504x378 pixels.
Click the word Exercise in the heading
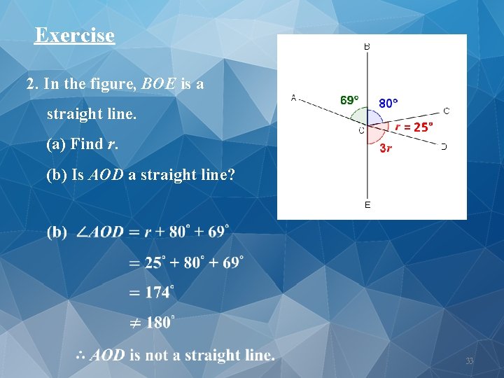pyautogui.click(x=74, y=35)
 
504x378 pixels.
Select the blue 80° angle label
pyautogui.click(x=388, y=103)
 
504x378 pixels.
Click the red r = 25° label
pyautogui.click(x=414, y=127)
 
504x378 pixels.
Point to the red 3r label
pyautogui.click(x=385, y=148)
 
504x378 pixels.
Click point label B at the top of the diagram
pyautogui.click(x=367, y=46)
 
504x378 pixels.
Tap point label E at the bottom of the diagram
pyautogui.click(x=367, y=205)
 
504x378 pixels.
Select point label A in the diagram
pyautogui.click(x=293, y=98)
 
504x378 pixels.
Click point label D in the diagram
pyautogui.click(x=444, y=146)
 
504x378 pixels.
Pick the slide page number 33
pyautogui.click(x=470, y=361)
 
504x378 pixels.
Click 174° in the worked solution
pyautogui.click(x=160, y=292)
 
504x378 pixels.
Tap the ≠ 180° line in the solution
pyautogui.click(x=152, y=323)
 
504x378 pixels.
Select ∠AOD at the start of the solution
pyautogui.click(x=99, y=232)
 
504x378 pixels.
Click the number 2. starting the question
pyautogui.click(x=32, y=85)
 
